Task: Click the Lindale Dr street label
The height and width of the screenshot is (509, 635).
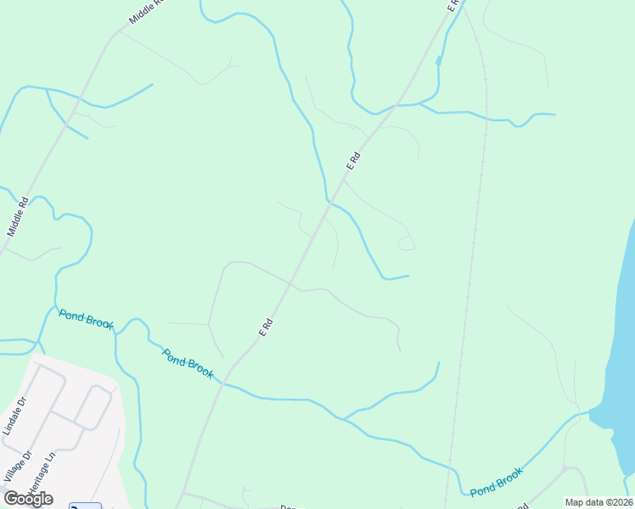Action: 15,415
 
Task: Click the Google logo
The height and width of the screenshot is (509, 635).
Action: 28,499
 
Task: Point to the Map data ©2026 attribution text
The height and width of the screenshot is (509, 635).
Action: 598,502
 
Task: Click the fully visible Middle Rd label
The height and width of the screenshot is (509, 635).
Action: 18,216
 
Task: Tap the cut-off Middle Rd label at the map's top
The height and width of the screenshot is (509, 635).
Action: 144,10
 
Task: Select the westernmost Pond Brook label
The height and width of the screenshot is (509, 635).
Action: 86,320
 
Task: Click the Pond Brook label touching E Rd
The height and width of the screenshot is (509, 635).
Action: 188,364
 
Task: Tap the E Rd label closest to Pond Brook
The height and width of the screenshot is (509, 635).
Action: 266,327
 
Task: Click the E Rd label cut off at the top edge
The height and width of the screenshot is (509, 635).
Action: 453,4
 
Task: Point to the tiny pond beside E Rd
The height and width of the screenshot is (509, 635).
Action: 438,60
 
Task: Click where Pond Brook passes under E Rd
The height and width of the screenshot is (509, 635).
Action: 223,383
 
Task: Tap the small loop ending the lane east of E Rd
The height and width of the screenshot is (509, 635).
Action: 407,244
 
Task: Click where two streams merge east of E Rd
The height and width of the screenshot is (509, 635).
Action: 344,417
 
